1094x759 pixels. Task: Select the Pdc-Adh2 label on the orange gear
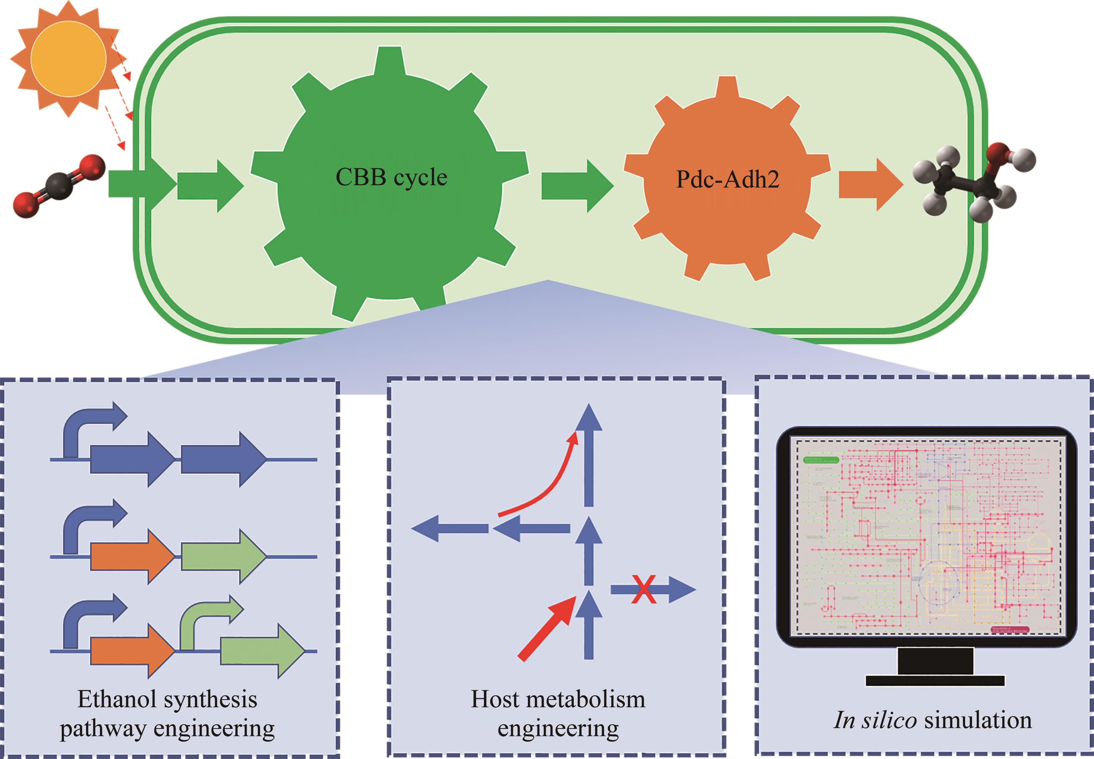727,180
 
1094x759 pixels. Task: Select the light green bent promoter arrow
205,618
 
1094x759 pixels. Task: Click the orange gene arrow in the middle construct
132,556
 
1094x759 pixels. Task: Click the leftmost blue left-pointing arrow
449,528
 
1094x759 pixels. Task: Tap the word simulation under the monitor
977,720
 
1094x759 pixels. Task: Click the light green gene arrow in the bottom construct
262,651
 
